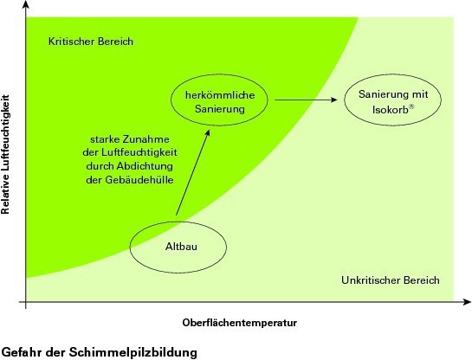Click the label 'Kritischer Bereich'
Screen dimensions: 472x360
(x=91, y=42)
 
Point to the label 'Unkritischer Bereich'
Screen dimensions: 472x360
(x=391, y=280)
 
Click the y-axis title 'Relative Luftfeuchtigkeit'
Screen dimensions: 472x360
(x=5, y=154)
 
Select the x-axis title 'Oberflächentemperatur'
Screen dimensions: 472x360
(x=240, y=323)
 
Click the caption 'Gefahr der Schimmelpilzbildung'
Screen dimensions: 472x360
(x=100, y=352)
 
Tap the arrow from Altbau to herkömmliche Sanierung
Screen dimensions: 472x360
(x=192, y=172)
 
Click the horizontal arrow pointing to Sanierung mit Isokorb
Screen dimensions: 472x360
(x=306, y=100)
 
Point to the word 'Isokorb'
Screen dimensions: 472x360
(x=391, y=110)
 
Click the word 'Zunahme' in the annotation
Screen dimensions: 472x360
(x=146, y=139)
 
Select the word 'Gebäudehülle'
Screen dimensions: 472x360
(x=139, y=180)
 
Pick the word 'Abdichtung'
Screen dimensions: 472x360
(x=145, y=166)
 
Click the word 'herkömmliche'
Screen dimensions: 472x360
(x=220, y=95)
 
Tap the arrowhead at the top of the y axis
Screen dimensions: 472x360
(x=26, y=4)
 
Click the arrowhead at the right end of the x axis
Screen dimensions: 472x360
(x=467, y=302)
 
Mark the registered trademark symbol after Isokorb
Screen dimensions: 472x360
(x=411, y=106)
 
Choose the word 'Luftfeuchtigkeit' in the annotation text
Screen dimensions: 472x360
(x=139, y=152)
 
